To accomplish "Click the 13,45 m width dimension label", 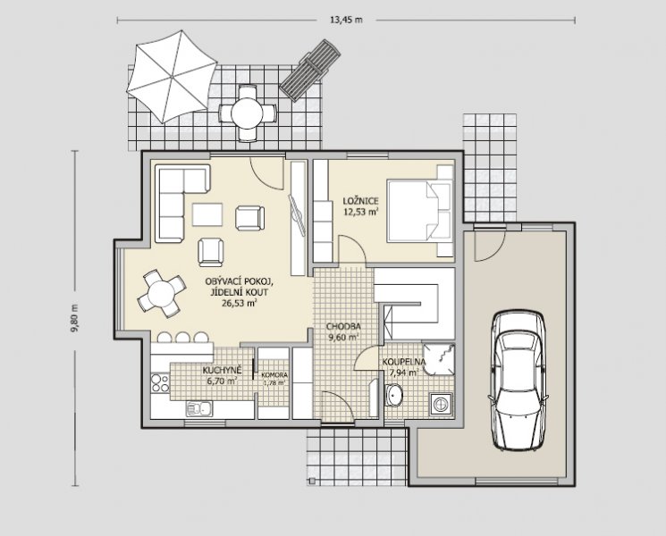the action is (346, 20).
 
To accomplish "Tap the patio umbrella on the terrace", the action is (172, 77).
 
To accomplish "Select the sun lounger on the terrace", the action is (310, 71).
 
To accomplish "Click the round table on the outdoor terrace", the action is (248, 113).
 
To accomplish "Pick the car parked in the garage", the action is (518, 381).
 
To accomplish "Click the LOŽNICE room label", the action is (360, 201).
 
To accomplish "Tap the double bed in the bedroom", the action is (419, 211).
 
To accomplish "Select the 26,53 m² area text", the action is (240, 303).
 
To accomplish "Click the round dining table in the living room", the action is (161, 293).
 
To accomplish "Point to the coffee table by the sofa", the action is (207, 214).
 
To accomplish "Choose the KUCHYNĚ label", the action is (222, 370).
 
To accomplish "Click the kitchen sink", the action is (199, 408).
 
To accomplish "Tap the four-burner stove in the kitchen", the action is (160, 382).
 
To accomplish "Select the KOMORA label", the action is (274, 375).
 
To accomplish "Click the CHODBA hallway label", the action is (343, 326).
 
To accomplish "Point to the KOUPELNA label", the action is (404, 362).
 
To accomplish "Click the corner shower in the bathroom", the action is (439, 359).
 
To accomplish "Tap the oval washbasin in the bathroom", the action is (394, 396).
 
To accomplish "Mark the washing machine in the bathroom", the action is (442, 403).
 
